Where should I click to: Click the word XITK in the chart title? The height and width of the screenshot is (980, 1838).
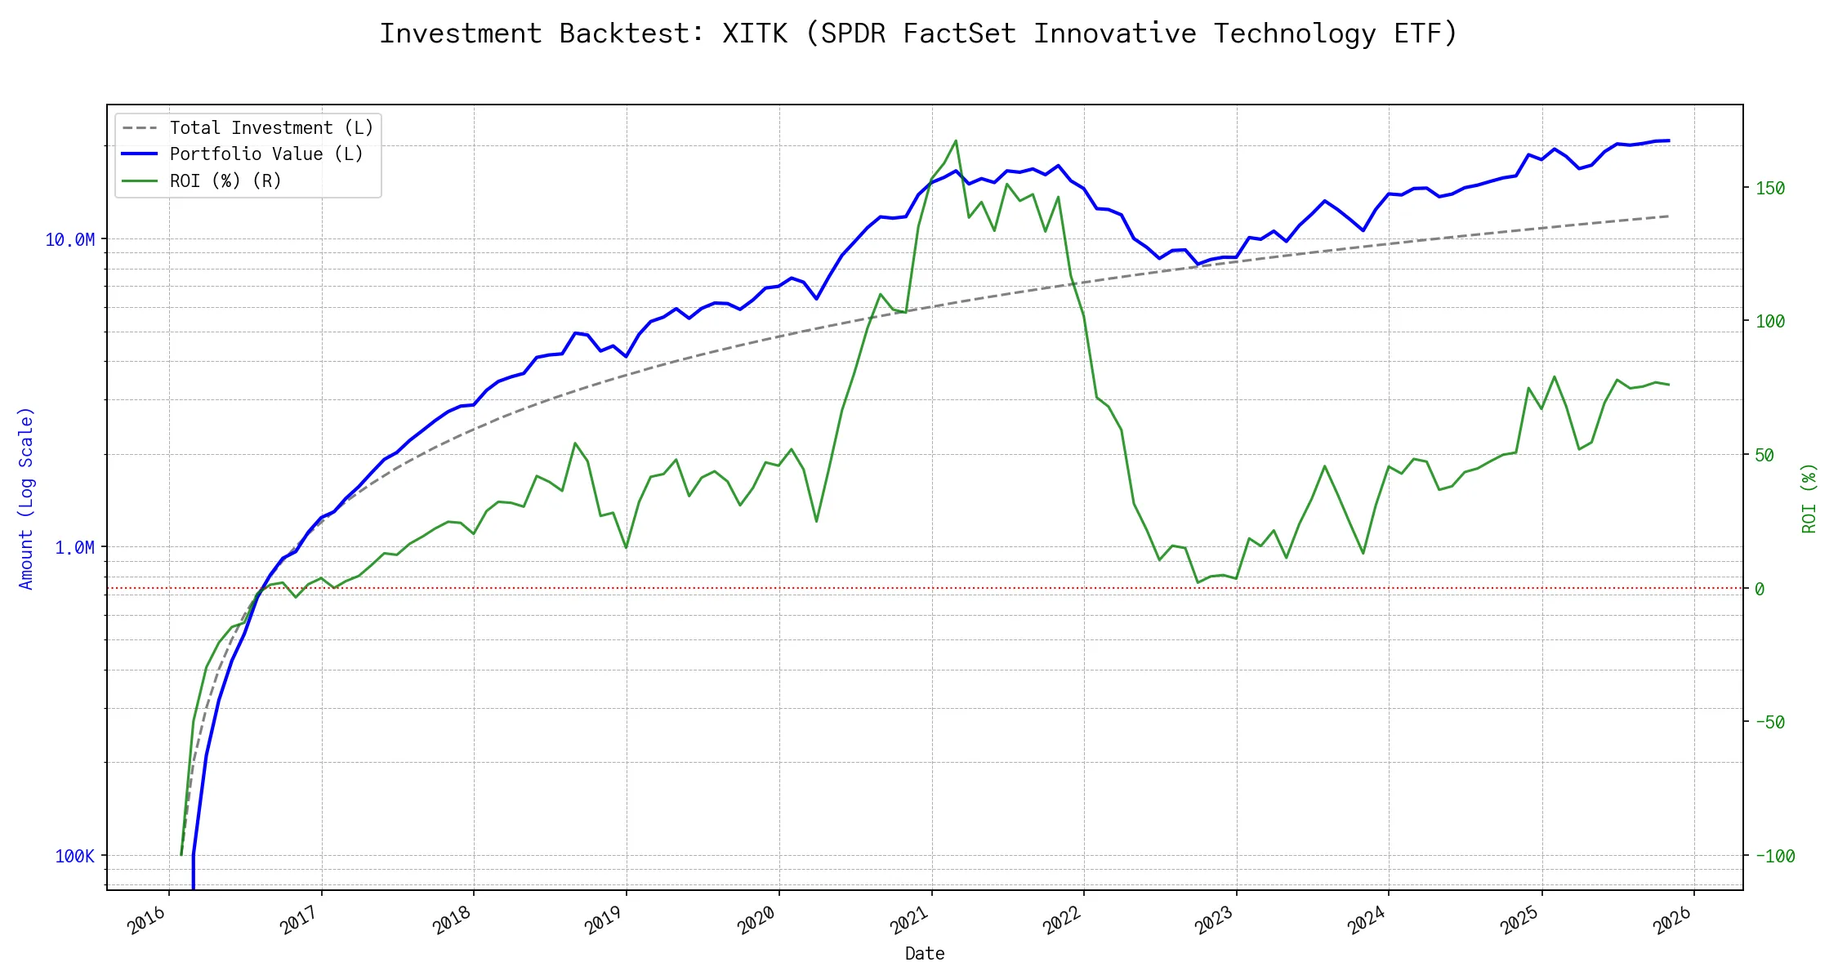coord(755,33)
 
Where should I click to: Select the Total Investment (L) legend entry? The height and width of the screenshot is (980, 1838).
coord(270,128)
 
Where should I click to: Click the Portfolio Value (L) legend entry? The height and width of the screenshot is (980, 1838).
coord(265,154)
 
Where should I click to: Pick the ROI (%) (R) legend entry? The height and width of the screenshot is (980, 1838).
coord(225,180)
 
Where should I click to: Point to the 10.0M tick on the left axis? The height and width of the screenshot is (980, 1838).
coord(70,239)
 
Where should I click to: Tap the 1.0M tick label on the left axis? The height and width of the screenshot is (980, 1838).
coord(75,547)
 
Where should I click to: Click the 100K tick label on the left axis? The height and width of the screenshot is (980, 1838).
coord(75,856)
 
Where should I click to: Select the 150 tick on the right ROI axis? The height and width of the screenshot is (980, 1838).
coord(1770,188)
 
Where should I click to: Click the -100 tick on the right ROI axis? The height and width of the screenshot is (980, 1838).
coord(1775,856)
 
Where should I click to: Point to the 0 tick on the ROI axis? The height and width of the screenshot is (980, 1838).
coord(1760,589)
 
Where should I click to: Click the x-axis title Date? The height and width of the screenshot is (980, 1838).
coord(925,954)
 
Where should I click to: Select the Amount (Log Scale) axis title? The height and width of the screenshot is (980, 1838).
coord(26,498)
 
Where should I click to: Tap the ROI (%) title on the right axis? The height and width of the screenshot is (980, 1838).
coord(1809,498)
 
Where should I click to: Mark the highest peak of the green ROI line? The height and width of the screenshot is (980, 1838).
coord(956,140)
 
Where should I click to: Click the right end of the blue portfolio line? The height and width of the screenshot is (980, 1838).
coord(1669,140)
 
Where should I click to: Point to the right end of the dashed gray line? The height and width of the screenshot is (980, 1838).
coord(1669,216)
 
